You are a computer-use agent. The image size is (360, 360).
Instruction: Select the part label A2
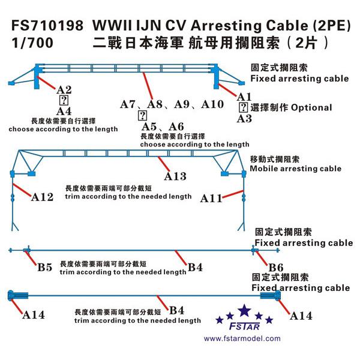(65, 90)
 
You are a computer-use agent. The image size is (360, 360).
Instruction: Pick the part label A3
(244, 118)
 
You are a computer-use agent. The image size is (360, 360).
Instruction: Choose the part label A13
(175, 176)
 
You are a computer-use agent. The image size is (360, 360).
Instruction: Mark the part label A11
(212, 197)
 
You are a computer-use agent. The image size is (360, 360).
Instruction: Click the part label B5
(45, 267)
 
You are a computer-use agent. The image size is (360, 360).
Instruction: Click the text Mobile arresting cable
(296, 169)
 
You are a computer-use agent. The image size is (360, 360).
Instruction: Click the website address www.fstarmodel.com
(242, 338)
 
